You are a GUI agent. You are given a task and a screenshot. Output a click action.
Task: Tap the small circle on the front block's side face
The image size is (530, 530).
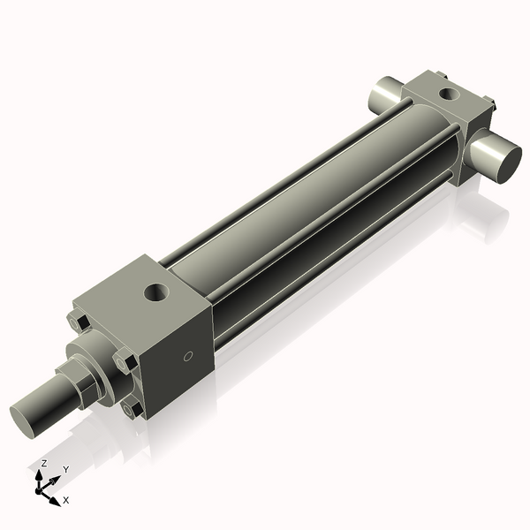(186, 357)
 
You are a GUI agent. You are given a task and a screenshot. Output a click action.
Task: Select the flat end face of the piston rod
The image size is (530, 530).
(26, 417)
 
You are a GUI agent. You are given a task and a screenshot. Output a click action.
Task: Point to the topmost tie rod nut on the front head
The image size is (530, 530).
(77, 323)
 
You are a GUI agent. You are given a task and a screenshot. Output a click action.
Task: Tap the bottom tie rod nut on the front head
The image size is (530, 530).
(132, 408)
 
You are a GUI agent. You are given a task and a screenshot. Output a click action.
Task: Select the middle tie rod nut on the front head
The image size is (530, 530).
(122, 362)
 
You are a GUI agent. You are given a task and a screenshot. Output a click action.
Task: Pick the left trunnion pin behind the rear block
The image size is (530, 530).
(385, 91)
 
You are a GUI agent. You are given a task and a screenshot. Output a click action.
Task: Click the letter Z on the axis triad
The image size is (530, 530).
(44, 463)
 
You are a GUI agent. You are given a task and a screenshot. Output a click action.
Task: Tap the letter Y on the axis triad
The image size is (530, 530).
(65, 469)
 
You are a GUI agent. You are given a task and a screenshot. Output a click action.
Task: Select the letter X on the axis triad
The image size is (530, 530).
(66, 500)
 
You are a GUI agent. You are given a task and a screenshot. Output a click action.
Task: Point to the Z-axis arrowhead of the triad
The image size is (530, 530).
(41, 473)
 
